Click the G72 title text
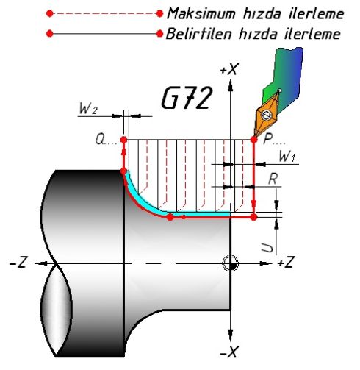click(x=187, y=98)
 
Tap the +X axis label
click(x=229, y=70)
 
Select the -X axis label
click(x=229, y=352)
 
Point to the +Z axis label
click(x=286, y=262)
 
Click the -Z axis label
click(x=18, y=262)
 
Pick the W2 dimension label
click(x=88, y=108)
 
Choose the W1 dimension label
click(x=288, y=156)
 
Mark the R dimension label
click(x=273, y=179)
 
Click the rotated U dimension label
click(x=267, y=248)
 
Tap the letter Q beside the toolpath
click(x=100, y=139)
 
